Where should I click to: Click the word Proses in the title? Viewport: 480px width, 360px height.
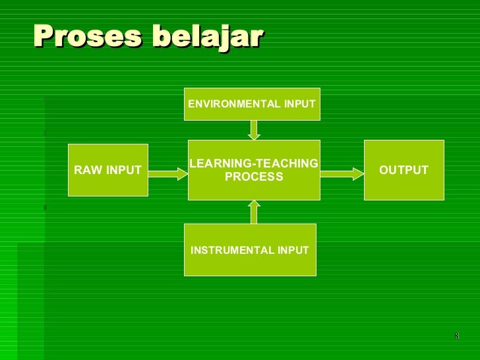tap(87, 36)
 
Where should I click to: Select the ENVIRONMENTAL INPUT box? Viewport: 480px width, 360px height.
tap(252, 104)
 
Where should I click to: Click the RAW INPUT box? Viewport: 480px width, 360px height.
tap(108, 170)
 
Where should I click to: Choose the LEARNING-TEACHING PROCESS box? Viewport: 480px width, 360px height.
tap(254, 170)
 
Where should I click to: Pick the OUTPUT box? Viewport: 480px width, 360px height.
tap(404, 170)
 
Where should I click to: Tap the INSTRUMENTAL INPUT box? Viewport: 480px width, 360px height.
tap(250, 250)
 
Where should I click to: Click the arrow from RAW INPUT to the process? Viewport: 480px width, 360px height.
tap(168, 173)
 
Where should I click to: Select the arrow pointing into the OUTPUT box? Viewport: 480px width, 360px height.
tap(342, 173)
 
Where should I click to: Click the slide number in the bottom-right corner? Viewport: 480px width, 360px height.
tap(456, 337)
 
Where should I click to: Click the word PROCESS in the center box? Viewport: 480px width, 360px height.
tap(254, 177)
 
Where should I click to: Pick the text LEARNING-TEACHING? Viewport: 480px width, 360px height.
tap(254, 164)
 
